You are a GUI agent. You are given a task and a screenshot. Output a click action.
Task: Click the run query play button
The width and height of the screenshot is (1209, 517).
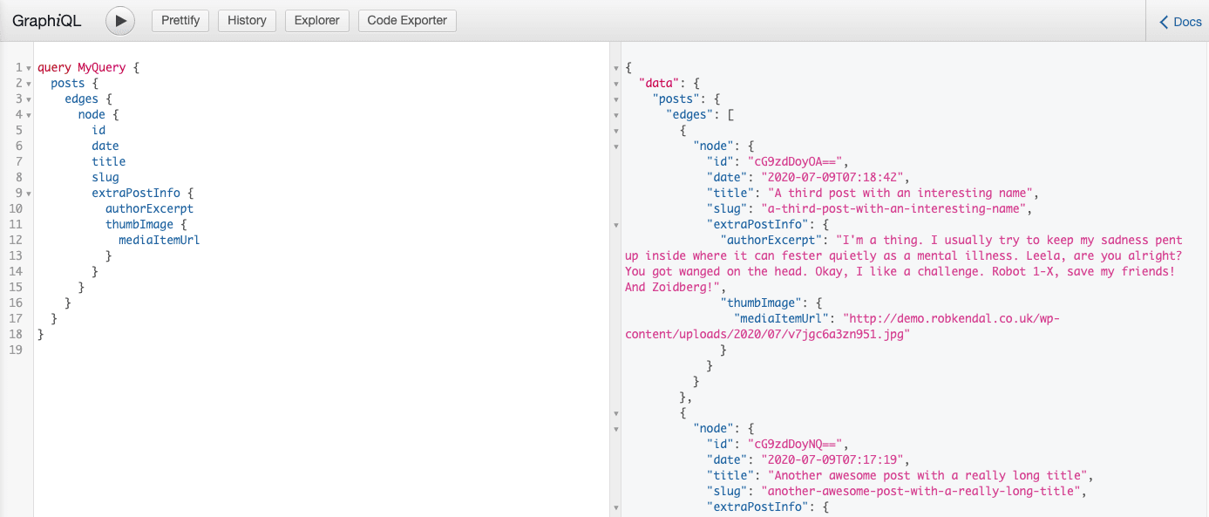click(x=120, y=21)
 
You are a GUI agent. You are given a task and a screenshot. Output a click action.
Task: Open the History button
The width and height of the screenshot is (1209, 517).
click(x=247, y=21)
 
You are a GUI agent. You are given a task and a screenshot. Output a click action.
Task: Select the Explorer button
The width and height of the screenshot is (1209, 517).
click(x=317, y=21)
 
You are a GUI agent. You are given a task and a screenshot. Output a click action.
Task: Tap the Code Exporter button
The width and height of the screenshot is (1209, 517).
click(x=407, y=21)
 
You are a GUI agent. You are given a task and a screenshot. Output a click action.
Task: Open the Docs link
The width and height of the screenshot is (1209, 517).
click(x=1179, y=22)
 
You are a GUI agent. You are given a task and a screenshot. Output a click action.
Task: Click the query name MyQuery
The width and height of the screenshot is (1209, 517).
click(x=101, y=67)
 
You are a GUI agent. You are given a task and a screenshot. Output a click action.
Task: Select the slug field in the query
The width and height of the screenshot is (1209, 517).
click(x=105, y=177)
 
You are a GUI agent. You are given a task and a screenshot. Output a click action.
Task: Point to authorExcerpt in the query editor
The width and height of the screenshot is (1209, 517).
click(x=149, y=208)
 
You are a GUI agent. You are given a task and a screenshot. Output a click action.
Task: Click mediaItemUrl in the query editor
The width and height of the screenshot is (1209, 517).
click(x=159, y=240)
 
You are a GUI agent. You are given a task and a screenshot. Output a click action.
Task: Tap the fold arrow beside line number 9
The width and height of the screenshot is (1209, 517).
click(x=29, y=194)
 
